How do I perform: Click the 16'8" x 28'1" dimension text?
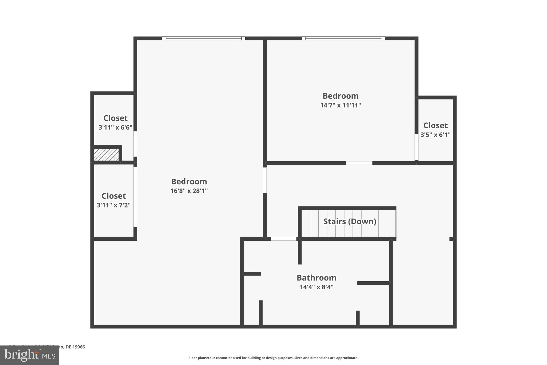189,191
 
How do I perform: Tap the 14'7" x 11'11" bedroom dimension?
341,105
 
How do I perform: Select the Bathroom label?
317,278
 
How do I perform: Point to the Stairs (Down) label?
350,221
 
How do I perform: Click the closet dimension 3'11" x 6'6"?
115,128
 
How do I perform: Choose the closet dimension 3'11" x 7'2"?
114,205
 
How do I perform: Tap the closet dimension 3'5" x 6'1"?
435,135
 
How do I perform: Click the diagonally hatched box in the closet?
106,155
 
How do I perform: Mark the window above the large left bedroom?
204,39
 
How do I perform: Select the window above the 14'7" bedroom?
343,39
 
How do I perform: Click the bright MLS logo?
30,355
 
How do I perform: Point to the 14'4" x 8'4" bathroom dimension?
317,287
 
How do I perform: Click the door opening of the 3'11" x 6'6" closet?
135,144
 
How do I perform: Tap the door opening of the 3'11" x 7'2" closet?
135,197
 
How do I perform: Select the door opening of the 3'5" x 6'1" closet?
416,147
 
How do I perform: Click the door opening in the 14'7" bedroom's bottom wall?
359,163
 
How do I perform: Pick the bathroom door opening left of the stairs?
284,239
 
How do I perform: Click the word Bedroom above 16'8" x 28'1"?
189,182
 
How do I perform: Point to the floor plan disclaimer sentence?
273,358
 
